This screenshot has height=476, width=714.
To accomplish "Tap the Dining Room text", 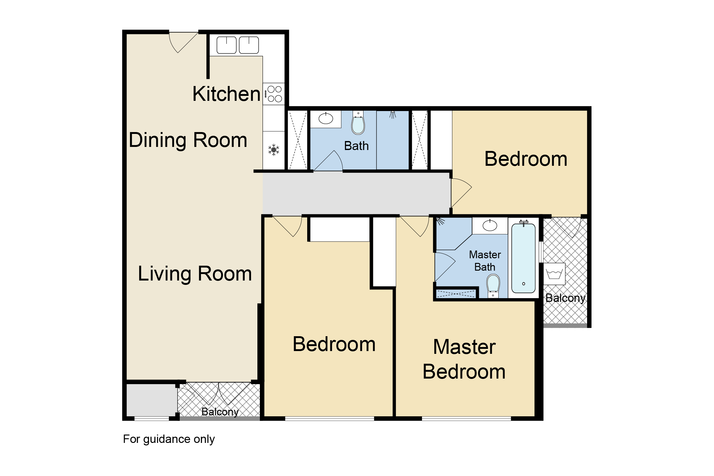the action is pyautogui.click(x=188, y=140).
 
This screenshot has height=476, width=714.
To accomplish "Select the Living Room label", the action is pyautogui.click(x=195, y=274).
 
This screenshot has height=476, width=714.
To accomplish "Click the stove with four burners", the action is pyautogui.click(x=274, y=94).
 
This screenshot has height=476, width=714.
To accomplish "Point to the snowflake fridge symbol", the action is pyautogui.click(x=274, y=150).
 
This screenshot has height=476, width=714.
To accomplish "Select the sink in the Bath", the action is pyautogui.click(x=326, y=118).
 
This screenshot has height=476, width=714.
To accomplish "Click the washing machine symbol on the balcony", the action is pyautogui.click(x=554, y=274).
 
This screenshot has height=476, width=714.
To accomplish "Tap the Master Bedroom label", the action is pyautogui.click(x=464, y=359).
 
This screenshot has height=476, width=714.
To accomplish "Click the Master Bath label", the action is pyautogui.click(x=485, y=261).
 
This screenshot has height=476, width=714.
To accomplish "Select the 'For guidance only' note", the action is pyautogui.click(x=169, y=439).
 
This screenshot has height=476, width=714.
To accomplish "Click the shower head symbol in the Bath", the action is pyautogui.click(x=393, y=114).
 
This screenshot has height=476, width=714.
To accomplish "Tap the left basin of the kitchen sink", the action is pyautogui.click(x=226, y=45).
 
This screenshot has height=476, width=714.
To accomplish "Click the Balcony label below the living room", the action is pyautogui.click(x=220, y=412).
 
